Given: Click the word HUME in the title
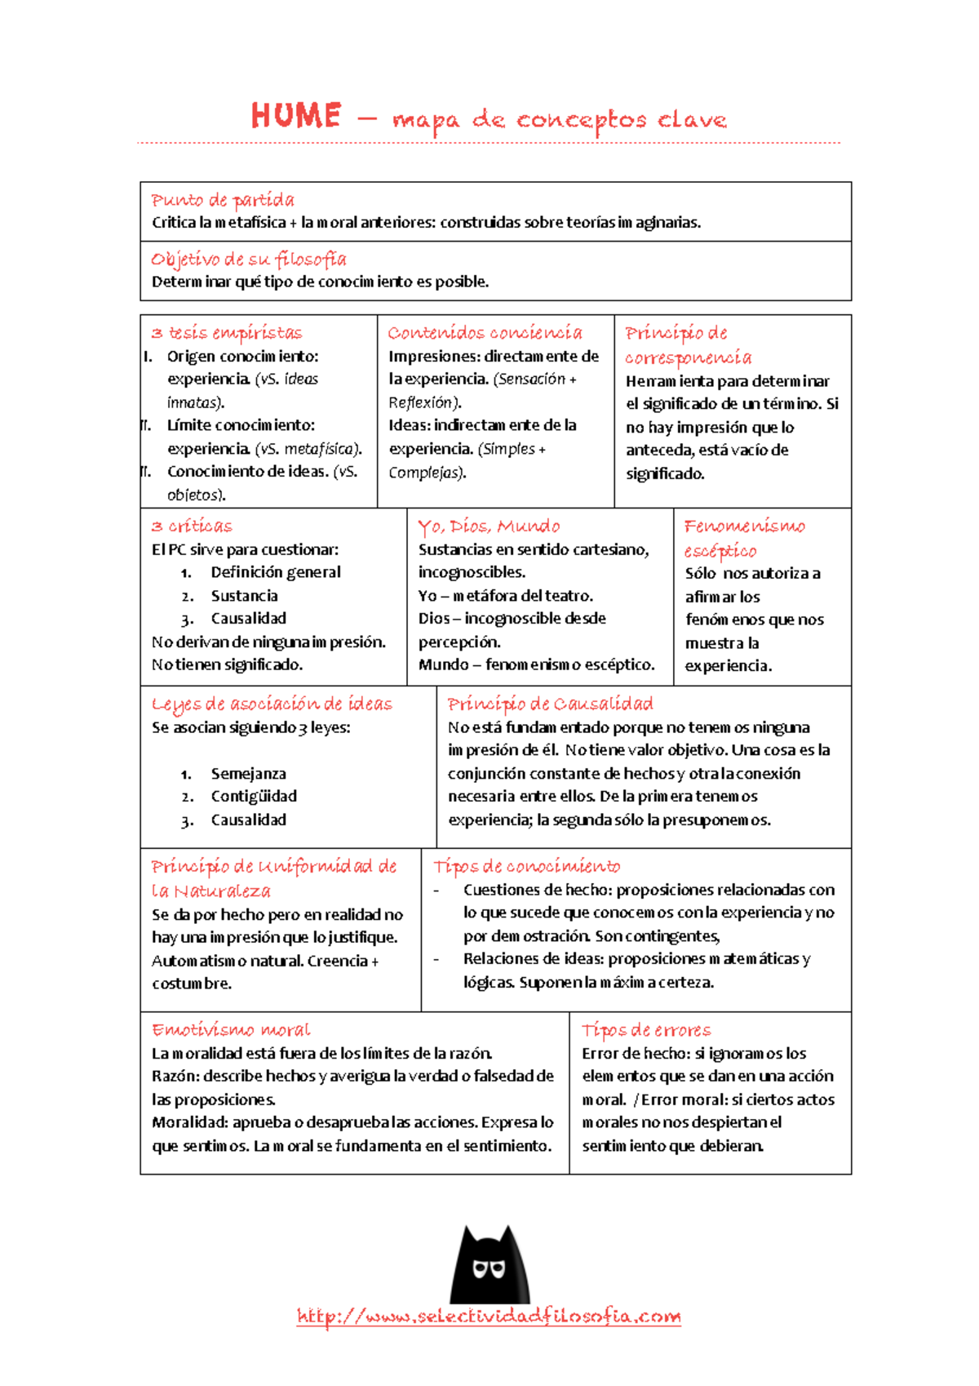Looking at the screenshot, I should [x=295, y=116].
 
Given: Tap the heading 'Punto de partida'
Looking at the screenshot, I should [x=222, y=200].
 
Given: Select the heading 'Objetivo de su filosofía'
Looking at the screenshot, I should [x=248, y=260].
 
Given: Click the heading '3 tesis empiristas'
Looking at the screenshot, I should [x=226, y=333].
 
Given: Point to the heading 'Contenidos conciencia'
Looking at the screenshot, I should [x=485, y=333].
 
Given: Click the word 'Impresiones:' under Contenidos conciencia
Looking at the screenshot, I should [x=434, y=357].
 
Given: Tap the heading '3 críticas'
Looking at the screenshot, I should [x=192, y=526].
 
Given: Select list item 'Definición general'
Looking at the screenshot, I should [x=276, y=572].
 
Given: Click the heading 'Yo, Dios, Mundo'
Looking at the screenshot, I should [x=489, y=526].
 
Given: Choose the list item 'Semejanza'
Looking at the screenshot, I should [x=248, y=774].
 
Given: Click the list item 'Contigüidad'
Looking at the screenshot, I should [x=254, y=797].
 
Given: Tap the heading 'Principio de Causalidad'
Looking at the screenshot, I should [x=550, y=704].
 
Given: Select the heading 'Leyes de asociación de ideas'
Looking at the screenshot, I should [x=272, y=704].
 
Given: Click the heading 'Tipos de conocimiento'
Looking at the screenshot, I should [x=526, y=866].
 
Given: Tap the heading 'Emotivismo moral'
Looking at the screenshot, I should [x=230, y=1030].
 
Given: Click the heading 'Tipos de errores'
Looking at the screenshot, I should [x=645, y=1030].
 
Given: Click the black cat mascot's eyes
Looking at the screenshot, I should [x=489, y=1268].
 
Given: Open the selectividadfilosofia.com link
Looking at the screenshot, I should [x=489, y=1316].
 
